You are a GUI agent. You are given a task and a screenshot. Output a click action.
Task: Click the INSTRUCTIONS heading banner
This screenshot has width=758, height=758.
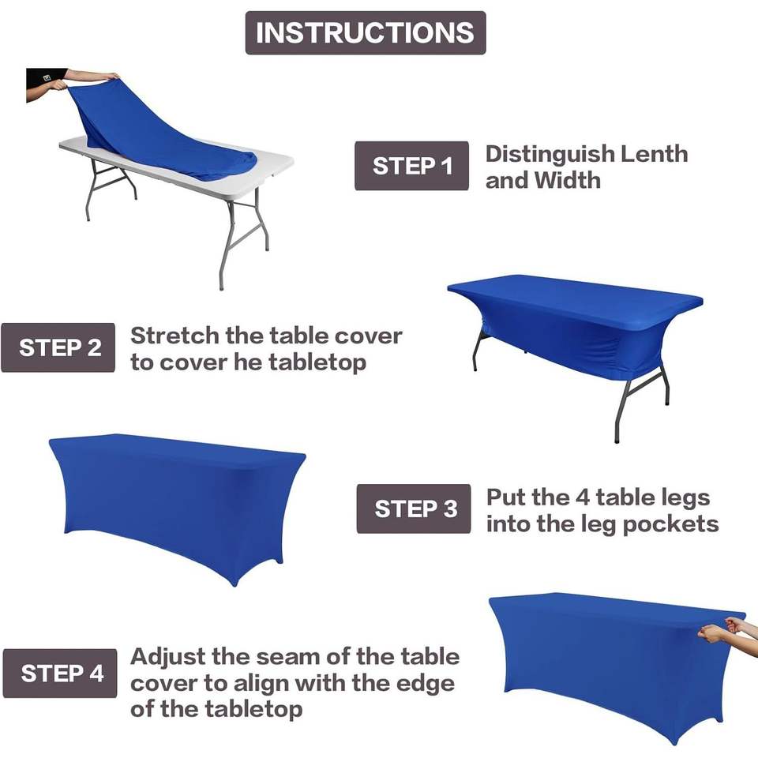pos(366,33)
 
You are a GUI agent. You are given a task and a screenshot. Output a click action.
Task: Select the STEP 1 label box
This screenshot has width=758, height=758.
pos(412,166)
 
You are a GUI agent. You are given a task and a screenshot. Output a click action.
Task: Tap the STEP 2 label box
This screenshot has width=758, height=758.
pos(58,347)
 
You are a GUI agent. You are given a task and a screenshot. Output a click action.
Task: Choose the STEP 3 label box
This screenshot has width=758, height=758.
pos(414,508)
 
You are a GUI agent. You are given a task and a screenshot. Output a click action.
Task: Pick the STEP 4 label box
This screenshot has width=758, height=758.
pos(60,674)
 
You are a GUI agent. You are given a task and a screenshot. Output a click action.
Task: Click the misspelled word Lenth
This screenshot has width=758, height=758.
pos(654,154)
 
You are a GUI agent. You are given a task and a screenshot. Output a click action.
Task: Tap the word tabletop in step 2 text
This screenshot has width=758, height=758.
pos(317,362)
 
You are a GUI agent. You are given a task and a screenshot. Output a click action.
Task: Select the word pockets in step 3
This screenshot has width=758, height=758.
pos(670,524)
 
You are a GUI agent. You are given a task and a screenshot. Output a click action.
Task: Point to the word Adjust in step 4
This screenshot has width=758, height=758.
pos(168,658)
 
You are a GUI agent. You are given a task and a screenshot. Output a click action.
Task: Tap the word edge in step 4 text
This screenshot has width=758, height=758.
pos(426,685)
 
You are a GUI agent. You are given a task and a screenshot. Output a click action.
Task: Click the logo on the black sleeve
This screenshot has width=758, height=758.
pos(47,77)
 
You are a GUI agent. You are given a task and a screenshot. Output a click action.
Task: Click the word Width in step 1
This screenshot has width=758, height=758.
pos(568,180)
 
